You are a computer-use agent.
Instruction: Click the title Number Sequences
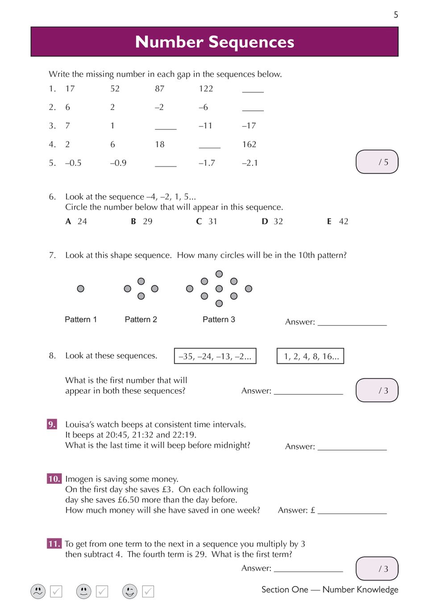pos(215,42)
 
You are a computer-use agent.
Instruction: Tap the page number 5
pos(396,15)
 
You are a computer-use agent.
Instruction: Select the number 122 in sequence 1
pos(206,89)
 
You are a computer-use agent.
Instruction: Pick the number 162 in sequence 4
pos(249,145)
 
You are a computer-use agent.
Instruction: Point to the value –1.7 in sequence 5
pos(207,163)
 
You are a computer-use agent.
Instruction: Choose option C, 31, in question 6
pos(207,221)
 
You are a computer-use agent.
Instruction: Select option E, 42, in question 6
pos(338,221)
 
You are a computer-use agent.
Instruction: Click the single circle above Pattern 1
pos(80,289)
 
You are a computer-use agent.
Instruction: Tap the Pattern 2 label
pos(141,320)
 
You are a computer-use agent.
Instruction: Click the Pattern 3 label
pos(219,320)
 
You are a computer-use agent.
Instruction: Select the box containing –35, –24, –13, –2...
pos(215,356)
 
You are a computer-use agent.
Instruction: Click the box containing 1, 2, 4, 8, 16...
pos(310,356)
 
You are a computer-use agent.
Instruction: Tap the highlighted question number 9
pos(52,424)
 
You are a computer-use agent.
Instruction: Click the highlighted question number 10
pos(54,479)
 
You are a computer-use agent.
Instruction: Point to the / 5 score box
pos(377,162)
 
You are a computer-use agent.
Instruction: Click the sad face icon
pos(38,591)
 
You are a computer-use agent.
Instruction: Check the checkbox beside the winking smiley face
pos(148,591)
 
